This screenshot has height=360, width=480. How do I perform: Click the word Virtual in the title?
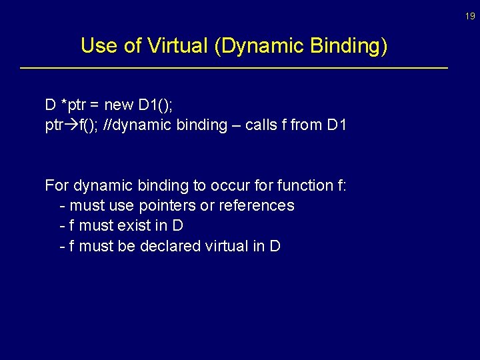[x=179, y=45]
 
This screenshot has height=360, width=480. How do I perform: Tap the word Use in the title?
[x=98, y=45]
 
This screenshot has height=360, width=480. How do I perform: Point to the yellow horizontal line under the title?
[x=234, y=68]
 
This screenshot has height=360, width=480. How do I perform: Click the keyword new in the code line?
[x=119, y=105]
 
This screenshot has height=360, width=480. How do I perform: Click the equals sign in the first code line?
[x=95, y=105]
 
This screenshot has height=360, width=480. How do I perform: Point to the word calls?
[x=263, y=125]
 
